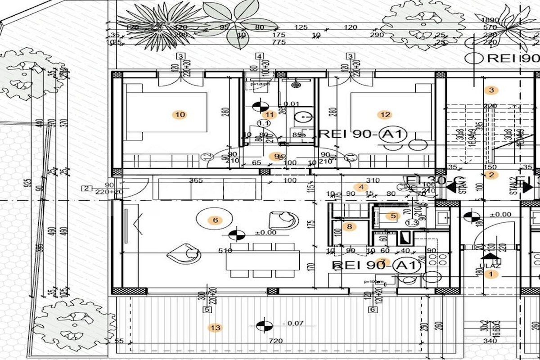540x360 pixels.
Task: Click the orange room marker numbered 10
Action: click(180, 115)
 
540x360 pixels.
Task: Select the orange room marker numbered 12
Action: click(385, 115)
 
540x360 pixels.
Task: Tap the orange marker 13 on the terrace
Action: click(216, 328)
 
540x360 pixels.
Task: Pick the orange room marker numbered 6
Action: click(215, 220)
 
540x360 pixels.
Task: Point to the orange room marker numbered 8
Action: click(349, 226)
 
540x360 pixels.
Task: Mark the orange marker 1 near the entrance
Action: click(491, 274)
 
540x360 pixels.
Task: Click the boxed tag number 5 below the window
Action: click(207, 310)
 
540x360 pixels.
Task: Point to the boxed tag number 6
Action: click(372, 310)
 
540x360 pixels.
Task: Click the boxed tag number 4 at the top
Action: click(260, 57)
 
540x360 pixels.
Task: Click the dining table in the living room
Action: click(264, 260)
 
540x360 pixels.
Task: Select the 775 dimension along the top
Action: click(279, 42)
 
